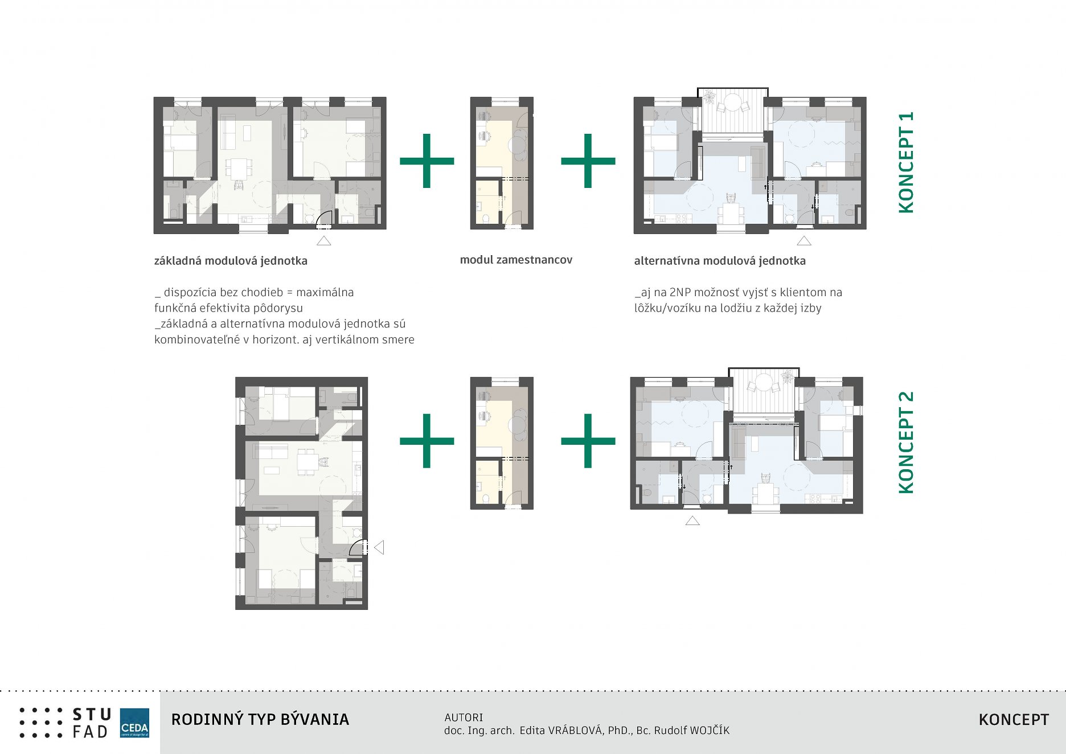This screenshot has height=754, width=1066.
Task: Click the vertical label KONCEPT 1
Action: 906,162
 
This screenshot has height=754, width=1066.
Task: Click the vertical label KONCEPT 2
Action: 906,442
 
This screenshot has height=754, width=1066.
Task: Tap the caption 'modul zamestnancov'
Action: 516,260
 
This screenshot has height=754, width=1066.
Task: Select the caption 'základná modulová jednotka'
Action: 231,261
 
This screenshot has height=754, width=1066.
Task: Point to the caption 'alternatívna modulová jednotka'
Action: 720,261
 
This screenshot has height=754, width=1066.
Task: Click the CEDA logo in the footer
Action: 134,723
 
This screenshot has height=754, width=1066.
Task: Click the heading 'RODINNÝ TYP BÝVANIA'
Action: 260,720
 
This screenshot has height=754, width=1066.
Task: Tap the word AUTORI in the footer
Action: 464,718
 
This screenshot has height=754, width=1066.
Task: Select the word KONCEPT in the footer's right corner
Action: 1014,720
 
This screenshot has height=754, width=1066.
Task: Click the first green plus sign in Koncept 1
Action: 427,161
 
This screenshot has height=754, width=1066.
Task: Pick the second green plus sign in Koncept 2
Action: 588,441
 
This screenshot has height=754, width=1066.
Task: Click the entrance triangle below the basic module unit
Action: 324,241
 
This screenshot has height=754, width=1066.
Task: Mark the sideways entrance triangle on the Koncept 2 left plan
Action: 379,547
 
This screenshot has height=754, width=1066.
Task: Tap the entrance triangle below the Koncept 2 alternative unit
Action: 692,521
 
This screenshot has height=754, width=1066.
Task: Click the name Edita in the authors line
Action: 532,731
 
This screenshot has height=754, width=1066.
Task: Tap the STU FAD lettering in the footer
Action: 91,723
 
